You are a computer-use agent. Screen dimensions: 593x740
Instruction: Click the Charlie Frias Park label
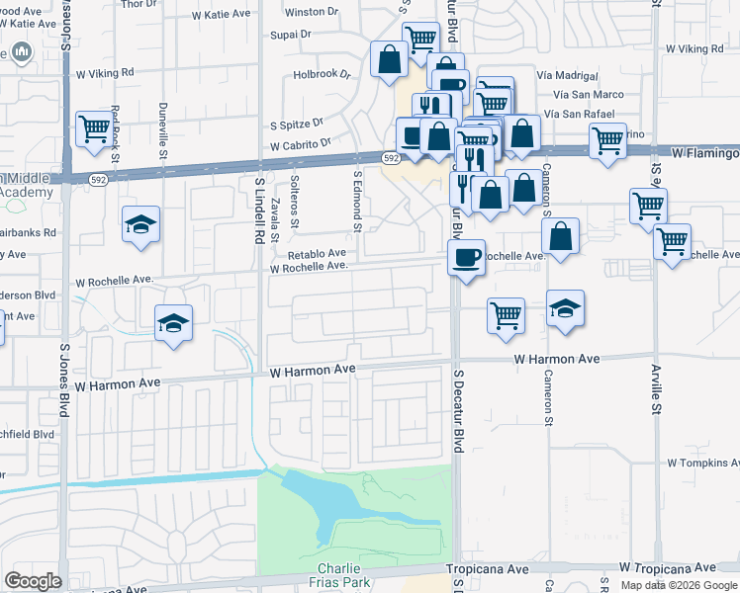point(344,575)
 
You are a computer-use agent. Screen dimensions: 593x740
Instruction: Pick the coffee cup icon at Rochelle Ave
point(466,257)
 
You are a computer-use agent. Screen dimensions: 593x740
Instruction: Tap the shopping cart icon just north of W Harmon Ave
point(506,315)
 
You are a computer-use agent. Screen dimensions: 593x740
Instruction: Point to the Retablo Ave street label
point(317,253)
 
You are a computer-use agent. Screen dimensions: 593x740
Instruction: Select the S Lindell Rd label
point(258,208)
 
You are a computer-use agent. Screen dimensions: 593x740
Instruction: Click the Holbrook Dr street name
point(323,74)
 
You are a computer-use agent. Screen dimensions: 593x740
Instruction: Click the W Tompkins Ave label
point(702,463)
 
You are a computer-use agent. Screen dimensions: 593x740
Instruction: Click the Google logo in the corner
point(33,581)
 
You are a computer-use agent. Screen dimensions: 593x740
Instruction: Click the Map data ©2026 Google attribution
point(679,585)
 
